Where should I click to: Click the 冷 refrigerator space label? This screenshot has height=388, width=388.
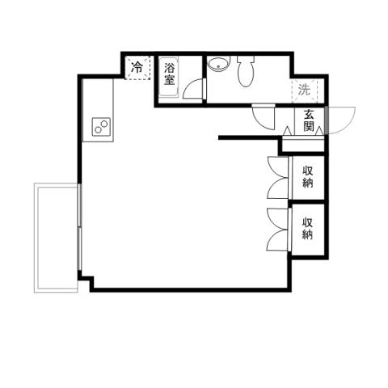(137, 68)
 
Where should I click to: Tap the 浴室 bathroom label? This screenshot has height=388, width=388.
(170, 74)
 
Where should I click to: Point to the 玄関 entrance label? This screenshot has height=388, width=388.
(310, 121)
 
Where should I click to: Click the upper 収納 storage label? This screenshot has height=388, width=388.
(308, 176)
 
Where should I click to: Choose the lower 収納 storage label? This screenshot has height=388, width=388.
(308, 228)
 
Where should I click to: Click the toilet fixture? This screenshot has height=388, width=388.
(247, 72)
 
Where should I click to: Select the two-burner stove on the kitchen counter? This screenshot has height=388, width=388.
(101, 127)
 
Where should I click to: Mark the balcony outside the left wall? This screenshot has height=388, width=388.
(55, 238)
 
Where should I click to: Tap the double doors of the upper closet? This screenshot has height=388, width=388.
(278, 177)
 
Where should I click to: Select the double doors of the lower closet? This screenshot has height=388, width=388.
(278, 229)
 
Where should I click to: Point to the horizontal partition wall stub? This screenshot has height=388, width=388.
(251, 139)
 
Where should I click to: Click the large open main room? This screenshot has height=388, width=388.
(178, 210)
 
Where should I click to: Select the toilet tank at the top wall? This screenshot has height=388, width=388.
(246, 60)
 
